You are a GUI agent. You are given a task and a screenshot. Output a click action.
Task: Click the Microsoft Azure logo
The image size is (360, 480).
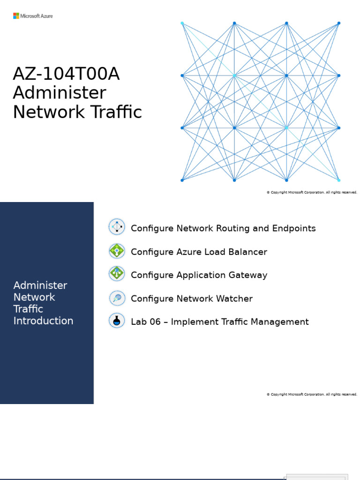33,16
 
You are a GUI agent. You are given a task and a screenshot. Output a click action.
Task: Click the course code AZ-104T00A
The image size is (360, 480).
66,74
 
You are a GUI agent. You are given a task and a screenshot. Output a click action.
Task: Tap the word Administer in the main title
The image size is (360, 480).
60,93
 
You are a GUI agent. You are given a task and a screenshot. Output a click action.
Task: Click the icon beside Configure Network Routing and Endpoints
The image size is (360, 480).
117,227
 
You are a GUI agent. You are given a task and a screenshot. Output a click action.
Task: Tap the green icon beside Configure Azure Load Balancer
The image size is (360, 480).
117,251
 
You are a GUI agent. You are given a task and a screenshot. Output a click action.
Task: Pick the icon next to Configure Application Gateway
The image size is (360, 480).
117,273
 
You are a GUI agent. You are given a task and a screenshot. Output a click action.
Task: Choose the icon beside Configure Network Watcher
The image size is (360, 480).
117,297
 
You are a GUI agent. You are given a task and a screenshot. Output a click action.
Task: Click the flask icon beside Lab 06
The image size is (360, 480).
117,321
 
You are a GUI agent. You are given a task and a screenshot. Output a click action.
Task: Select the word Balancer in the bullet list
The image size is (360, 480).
247,252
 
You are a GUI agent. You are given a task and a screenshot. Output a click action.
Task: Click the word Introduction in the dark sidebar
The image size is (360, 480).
43,321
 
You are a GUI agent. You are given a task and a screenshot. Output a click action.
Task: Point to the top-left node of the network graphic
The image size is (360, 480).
182,23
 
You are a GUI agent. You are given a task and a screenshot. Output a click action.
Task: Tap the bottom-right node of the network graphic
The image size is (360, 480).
338,180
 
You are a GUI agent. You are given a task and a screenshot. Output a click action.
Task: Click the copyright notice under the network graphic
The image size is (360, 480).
312,192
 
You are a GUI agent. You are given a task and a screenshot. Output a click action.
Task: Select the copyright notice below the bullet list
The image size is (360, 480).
312,394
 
